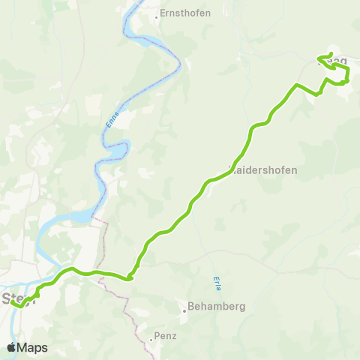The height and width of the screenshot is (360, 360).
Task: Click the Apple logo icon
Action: (x=12, y=347)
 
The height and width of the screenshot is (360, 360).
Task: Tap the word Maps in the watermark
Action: (x=33, y=347)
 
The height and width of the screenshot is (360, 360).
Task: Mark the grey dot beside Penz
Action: (x=151, y=337)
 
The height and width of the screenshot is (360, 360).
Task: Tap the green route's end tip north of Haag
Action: (x=331, y=53)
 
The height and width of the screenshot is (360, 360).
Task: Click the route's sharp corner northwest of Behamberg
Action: (x=130, y=278)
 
